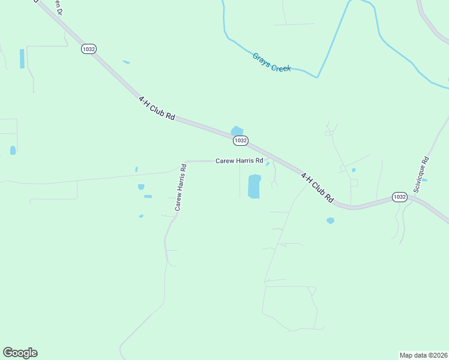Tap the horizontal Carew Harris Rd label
click(x=240, y=161)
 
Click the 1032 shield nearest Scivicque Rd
click(x=400, y=197)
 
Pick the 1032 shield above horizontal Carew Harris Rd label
click(x=240, y=140)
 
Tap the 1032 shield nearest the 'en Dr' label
click(x=89, y=49)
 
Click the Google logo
click(x=20, y=353)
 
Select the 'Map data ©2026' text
click(x=423, y=355)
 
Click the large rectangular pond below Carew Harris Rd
click(x=254, y=187)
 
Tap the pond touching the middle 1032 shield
click(x=237, y=131)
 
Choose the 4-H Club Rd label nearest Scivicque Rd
click(x=317, y=187)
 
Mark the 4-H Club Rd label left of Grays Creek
click(x=156, y=108)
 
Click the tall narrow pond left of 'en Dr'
click(x=22, y=58)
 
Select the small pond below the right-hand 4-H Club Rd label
click(x=330, y=221)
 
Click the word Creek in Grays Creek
click(x=281, y=67)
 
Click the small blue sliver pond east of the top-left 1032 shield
click(x=126, y=62)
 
